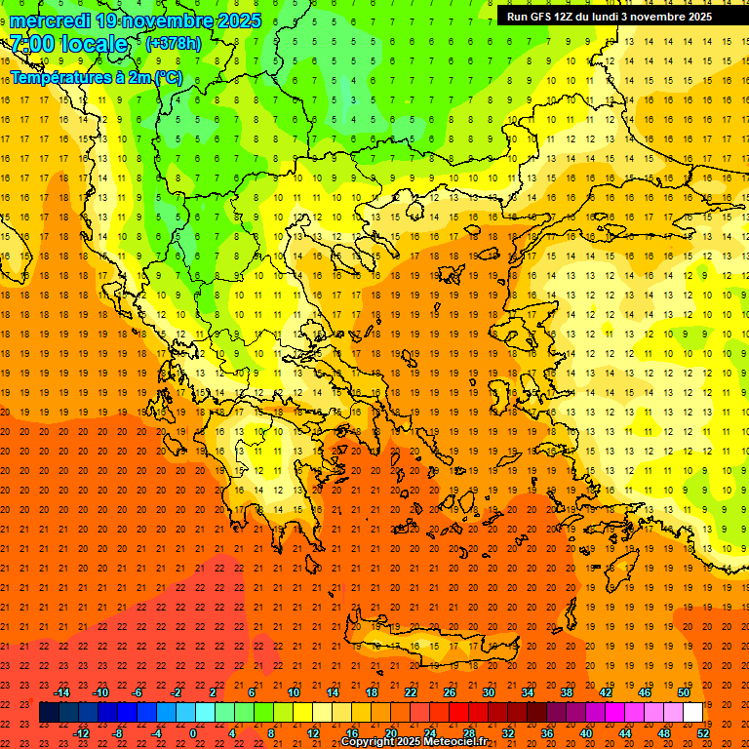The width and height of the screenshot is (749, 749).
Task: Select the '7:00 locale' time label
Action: coord(68,44)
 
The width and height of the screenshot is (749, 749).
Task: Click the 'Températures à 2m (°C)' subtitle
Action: coord(96,77)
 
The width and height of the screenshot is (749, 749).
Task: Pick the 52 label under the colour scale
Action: coord(702,733)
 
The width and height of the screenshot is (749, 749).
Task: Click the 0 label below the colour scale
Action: coord(193,733)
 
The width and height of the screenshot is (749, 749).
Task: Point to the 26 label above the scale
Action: coord(450,692)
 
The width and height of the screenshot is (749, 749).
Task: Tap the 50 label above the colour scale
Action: coord(683,692)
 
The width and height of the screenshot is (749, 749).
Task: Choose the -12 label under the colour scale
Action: coord(82,733)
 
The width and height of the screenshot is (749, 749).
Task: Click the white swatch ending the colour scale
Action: coord(692,713)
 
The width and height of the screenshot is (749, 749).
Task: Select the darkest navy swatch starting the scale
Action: coord(49,713)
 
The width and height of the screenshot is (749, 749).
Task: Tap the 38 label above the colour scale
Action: coord(567,692)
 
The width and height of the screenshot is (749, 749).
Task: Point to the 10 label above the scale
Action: coord(294,692)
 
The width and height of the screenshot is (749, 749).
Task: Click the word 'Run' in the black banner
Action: coord(517,17)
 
